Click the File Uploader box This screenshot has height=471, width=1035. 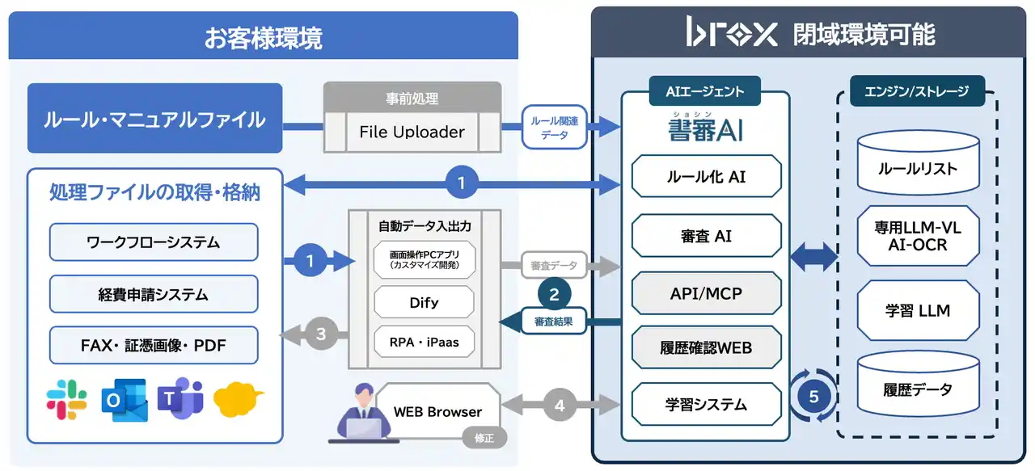click(412, 132)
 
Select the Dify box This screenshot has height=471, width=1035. click(424, 302)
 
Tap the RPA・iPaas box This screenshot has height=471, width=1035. click(424, 342)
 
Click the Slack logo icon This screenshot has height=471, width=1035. click(67, 400)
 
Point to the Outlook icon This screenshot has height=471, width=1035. click(124, 400)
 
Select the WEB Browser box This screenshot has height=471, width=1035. click(437, 411)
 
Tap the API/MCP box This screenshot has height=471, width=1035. click(706, 293)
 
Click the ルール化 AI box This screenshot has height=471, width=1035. click(706, 176)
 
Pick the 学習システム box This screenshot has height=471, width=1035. click(706, 404)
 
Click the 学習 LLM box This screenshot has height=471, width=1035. click(917, 311)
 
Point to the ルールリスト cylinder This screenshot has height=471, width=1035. click(917, 166)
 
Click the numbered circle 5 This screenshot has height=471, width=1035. click(813, 396)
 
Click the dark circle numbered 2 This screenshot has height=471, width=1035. click(554, 295)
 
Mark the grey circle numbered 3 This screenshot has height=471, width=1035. click(320, 334)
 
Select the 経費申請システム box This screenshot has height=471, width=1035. click(154, 294)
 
